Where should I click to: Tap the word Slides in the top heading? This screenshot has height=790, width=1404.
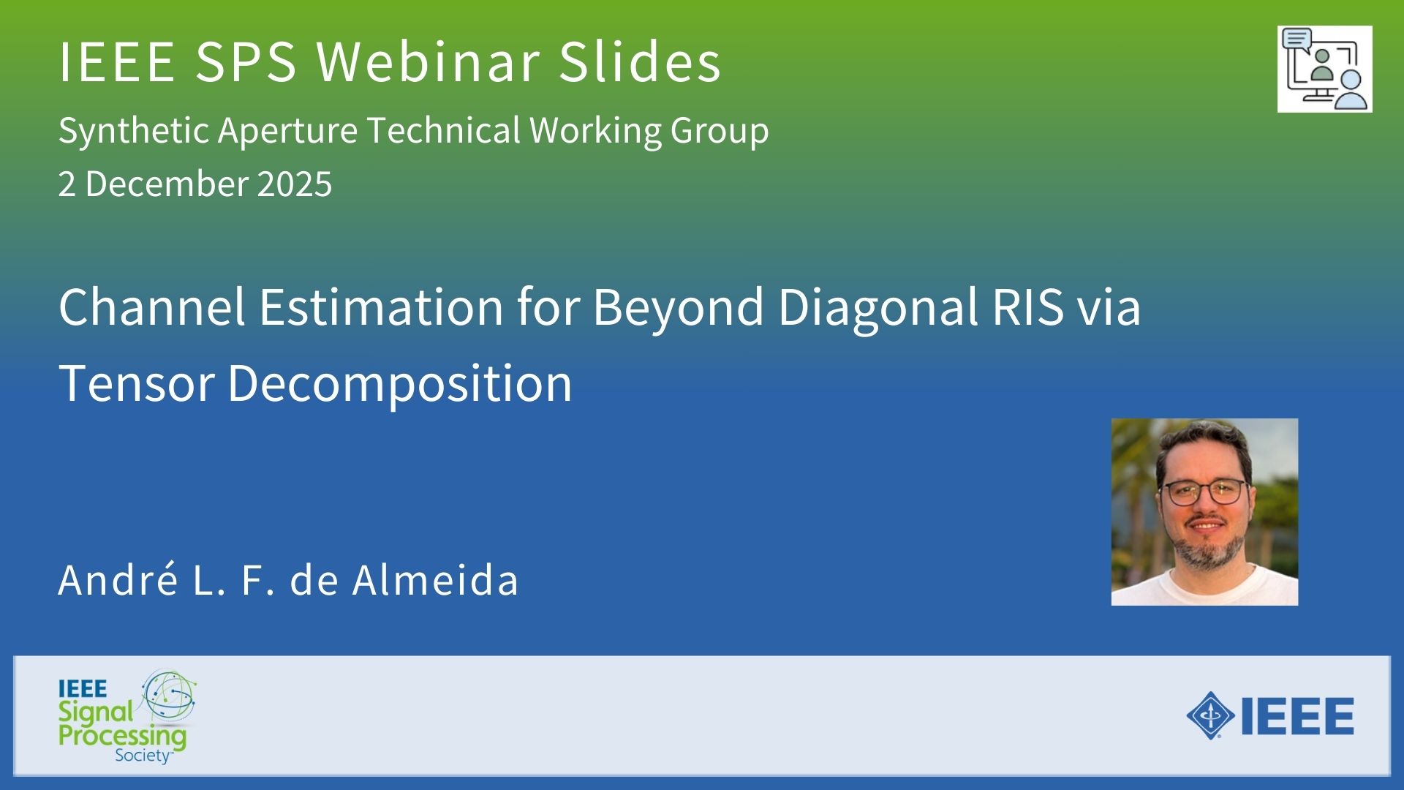click(x=641, y=61)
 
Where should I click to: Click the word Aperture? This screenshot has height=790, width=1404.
click(x=287, y=132)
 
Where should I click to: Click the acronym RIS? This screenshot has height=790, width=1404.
click(x=1027, y=306)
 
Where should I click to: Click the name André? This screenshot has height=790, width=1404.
click(x=118, y=580)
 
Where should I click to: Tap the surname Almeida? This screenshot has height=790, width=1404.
click(x=435, y=580)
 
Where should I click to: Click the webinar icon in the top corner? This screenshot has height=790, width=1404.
click(x=1324, y=69)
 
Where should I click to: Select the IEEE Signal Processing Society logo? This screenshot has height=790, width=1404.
click(x=127, y=717)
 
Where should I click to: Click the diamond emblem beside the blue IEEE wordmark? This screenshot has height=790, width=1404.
click(x=1211, y=715)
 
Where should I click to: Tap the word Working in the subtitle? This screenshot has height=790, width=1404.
click(x=596, y=132)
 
